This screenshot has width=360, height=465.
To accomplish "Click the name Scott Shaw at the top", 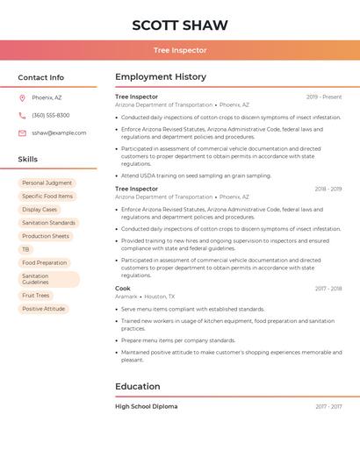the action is point(179,25).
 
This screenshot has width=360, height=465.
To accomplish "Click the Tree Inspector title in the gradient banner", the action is point(180,50).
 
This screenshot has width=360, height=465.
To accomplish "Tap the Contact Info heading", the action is point(41,77).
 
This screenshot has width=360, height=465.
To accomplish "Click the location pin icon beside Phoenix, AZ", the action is point(22,97).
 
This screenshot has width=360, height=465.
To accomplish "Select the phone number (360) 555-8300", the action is point(50,115).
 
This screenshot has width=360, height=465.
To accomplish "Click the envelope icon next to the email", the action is point(22,132).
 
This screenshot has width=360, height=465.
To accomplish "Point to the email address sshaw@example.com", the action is point(59,132).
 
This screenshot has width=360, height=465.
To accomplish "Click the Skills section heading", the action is point(28,159).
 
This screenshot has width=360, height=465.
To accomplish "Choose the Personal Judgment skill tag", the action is point(47,182).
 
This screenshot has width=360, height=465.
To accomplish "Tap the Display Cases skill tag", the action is point(40,210).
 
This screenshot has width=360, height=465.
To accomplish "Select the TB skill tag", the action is point(25,249).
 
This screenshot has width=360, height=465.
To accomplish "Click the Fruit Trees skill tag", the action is point(36,296).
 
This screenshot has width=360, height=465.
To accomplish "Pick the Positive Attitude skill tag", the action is point(44,309).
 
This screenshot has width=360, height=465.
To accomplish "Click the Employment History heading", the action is point(161,77).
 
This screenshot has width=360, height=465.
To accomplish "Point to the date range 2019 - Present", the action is point(324,97).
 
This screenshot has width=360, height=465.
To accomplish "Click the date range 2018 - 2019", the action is point(328,189).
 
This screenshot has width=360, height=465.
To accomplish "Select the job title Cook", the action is point(123,288).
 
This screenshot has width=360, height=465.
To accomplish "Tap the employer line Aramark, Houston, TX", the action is point(145,297).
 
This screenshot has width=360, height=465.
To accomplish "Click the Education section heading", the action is point(138,386).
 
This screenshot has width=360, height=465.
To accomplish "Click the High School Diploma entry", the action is point(146,406).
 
